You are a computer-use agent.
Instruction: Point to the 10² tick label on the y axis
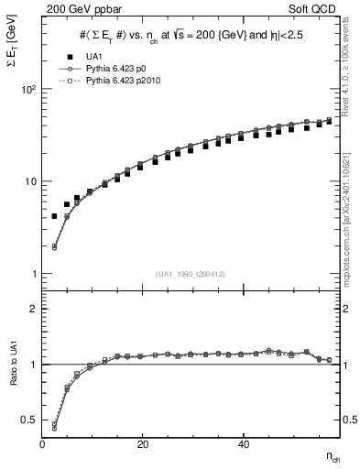27,90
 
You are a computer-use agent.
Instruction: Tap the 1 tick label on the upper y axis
33,274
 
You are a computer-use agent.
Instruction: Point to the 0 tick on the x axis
43,443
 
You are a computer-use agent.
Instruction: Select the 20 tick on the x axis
142,443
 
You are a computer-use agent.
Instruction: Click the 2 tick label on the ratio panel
33,309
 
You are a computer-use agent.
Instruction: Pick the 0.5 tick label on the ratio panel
29,420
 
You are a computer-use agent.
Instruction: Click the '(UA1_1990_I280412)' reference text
191,274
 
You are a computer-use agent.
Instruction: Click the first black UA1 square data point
54,216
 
